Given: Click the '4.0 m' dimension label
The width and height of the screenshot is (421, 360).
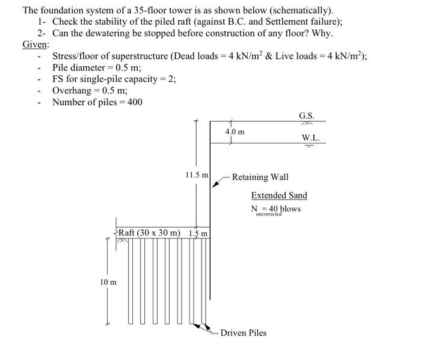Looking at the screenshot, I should pyautogui.click(x=235, y=131).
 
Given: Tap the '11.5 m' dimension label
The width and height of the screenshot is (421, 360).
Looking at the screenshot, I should pyautogui.click(x=197, y=175).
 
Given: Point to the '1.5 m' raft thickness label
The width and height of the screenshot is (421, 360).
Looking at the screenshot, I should pyautogui.click(x=198, y=233).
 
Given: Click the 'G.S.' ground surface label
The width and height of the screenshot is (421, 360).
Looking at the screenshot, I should pyautogui.click(x=306, y=116).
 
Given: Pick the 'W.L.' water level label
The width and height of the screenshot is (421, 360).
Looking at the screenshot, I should pyautogui.click(x=311, y=137).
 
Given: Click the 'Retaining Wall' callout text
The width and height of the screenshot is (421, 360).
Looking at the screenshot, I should pyautogui.click(x=260, y=177).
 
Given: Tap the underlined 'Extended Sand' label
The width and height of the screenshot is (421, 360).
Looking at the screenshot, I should pyautogui.click(x=279, y=195).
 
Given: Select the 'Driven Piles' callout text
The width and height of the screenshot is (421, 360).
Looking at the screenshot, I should pyautogui.click(x=243, y=332).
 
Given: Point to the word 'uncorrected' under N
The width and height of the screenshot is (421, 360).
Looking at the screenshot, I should pyautogui.click(x=269, y=214).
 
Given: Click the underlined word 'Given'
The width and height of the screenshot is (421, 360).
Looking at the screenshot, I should pyautogui.click(x=35, y=45).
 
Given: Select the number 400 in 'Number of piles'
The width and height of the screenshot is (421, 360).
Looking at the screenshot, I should pyautogui.click(x=135, y=102).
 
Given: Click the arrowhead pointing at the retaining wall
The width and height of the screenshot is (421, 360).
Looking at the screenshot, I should pyautogui.click(x=217, y=185).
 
